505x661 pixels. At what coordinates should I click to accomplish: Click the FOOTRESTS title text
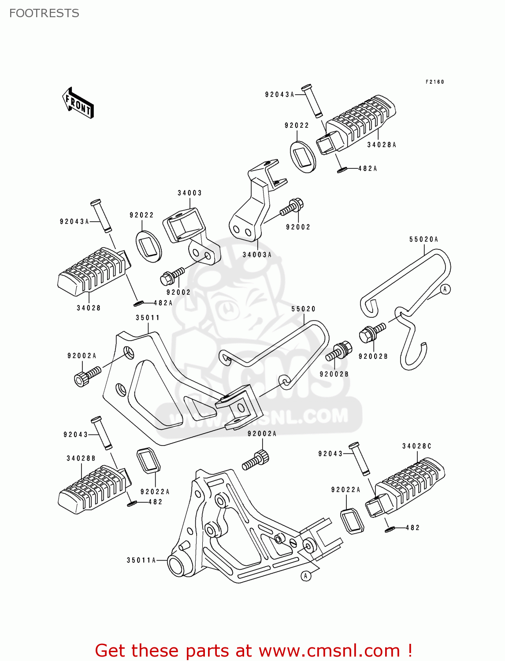click(44, 13)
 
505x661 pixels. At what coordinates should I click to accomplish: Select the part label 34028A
click(382, 145)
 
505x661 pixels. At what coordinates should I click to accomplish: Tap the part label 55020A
click(423, 239)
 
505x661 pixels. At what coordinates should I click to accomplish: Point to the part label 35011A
click(141, 560)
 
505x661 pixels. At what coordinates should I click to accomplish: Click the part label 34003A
click(257, 255)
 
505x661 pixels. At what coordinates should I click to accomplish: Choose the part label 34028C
click(416, 446)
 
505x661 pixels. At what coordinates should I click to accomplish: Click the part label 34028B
click(81, 458)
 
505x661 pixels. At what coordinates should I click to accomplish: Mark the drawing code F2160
click(434, 82)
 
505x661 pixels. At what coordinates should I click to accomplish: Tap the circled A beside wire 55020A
click(446, 289)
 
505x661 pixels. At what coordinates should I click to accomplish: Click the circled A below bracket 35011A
click(305, 576)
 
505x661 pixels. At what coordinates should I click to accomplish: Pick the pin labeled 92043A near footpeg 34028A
click(312, 101)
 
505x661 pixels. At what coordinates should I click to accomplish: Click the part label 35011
click(148, 318)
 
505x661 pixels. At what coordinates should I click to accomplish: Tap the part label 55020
click(303, 309)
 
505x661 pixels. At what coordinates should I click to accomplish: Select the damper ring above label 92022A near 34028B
click(148, 460)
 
